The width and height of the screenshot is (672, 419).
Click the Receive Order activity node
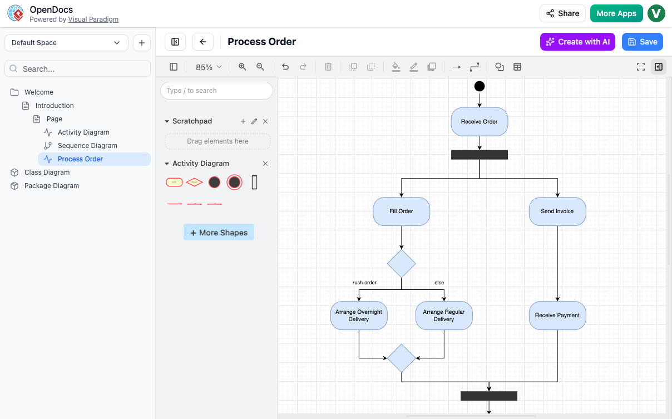pos(479,121)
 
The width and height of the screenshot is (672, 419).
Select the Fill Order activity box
pos(401,211)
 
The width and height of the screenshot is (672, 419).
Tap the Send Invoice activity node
pos(557,211)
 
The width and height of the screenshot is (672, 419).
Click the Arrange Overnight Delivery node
pos(359,316)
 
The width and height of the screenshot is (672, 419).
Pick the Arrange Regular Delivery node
pos(444,316)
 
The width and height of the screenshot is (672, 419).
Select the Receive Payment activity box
pos(557,316)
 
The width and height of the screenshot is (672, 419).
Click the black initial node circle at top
pos(480,86)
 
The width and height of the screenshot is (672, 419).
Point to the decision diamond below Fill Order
pos(401,263)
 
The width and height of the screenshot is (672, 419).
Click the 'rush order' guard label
pos(364,283)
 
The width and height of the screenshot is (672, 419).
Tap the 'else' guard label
pos(439,283)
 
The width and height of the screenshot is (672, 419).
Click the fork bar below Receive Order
pos(479,155)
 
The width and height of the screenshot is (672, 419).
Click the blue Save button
pos(642,42)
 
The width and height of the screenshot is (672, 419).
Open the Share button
pos(562,13)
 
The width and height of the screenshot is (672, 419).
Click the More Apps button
pos(616,13)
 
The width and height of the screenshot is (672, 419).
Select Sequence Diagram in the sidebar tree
pos(87,146)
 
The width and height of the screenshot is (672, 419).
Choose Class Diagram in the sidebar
pos(47,172)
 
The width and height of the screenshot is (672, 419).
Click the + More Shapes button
pos(219,233)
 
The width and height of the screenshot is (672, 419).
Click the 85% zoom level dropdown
pos(209,67)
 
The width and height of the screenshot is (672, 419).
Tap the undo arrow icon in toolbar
pos(285,67)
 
